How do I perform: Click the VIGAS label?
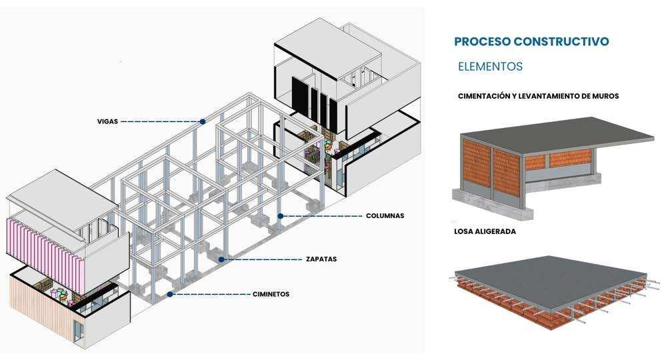[x=107, y=122]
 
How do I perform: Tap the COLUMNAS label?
[x=385, y=216]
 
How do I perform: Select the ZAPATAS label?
[x=321, y=259]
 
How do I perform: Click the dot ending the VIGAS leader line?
[x=202, y=122]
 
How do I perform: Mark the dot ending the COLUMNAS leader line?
[x=281, y=216]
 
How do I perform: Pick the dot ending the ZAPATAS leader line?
[x=223, y=259]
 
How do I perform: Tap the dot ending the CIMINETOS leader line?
[x=170, y=294]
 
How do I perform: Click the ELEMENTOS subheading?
[x=490, y=67]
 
